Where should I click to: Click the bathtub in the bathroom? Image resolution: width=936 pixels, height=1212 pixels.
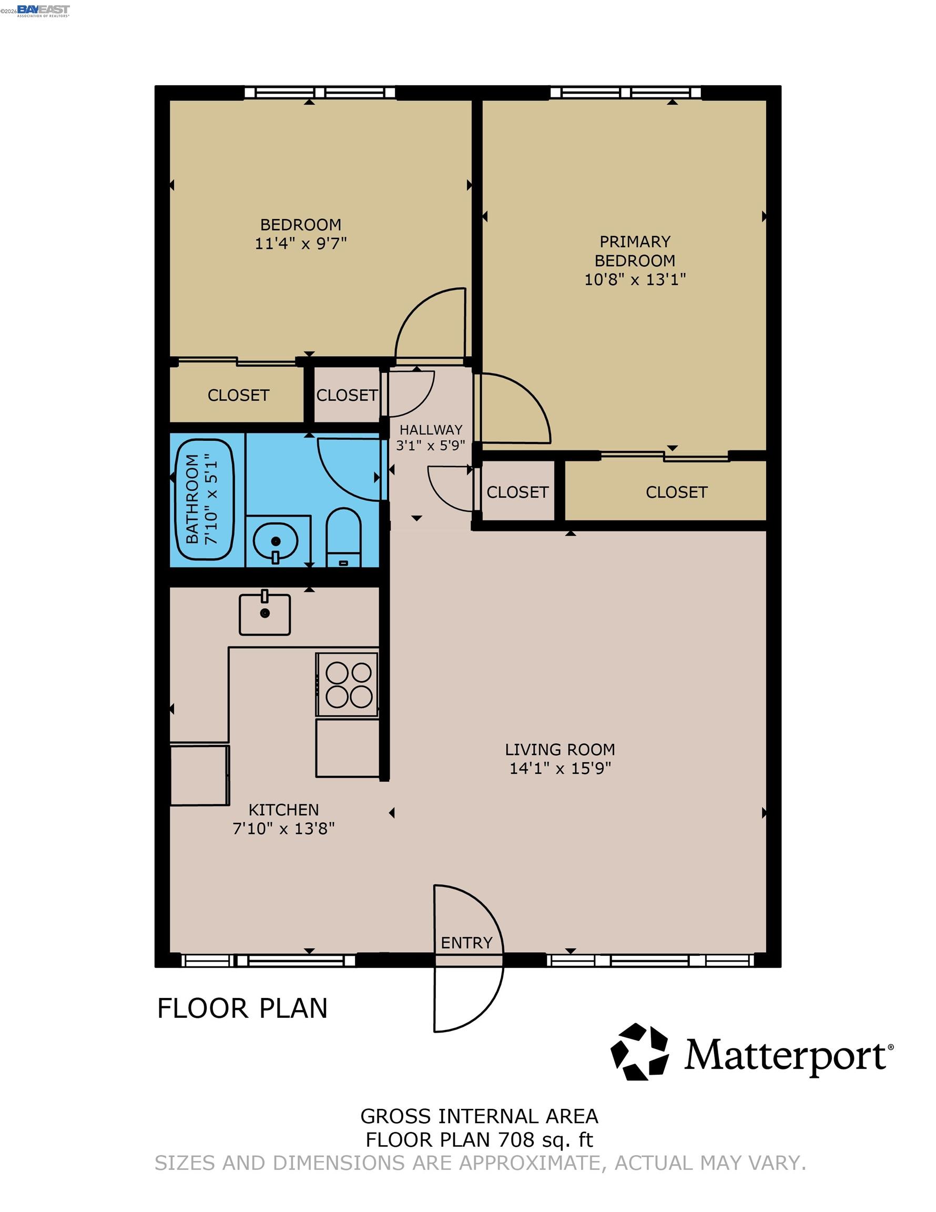coord(205,499)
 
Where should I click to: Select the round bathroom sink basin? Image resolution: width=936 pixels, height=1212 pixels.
coord(276,541)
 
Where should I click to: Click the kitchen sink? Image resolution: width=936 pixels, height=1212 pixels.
coord(264,614)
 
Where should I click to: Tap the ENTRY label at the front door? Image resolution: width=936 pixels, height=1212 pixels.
coord(466,943)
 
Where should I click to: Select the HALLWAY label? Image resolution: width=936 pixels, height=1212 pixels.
coord(431,430)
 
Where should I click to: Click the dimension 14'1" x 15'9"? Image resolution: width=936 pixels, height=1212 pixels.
coord(561,769)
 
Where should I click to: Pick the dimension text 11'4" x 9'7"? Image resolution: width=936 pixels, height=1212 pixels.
coord(301,244)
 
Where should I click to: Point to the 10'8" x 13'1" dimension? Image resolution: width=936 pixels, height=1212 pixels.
coord(635,279)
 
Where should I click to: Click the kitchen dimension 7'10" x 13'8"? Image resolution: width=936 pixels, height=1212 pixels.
coord(283,829)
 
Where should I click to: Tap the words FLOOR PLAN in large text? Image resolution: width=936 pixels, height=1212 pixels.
coord(242,1008)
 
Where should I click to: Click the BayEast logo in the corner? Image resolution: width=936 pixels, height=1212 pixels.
coord(43,11)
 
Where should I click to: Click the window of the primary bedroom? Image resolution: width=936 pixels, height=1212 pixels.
coord(625,93)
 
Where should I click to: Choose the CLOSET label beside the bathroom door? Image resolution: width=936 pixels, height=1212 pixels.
coord(347,395)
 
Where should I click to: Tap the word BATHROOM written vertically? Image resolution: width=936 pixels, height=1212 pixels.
coord(192,498)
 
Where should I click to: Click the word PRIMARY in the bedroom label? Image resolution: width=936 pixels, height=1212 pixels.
coord(635,242)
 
